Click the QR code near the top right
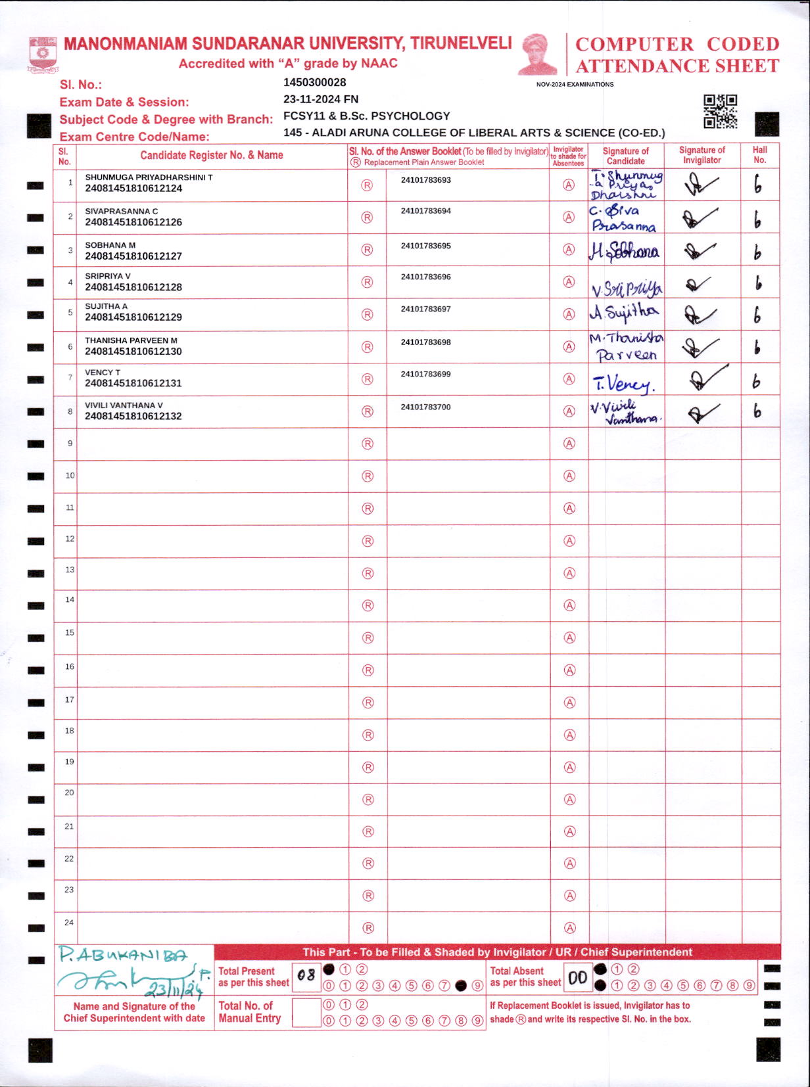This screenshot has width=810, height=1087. [x=720, y=111]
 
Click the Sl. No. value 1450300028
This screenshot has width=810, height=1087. [x=314, y=83]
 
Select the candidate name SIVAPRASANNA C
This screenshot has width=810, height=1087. [x=121, y=211]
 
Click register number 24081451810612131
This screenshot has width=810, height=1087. [x=133, y=383]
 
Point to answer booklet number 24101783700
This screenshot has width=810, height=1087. [x=425, y=407]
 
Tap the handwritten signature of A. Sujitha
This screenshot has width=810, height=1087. [x=623, y=313]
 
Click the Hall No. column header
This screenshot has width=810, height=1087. [x=759, y=155]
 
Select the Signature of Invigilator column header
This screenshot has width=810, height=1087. [x=702, y=155]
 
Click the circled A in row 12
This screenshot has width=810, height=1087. [x=569, y=541]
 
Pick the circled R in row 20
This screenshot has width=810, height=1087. [x=368, y=800]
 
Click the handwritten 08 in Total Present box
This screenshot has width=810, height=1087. [x=306, y=976]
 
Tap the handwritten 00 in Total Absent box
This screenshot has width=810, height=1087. [x=577, y=978]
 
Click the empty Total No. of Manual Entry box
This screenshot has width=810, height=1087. [x=306, y=1012]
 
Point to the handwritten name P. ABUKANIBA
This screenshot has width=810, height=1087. [x=123, y=956]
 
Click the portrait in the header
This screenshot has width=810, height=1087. [x=538, y=54]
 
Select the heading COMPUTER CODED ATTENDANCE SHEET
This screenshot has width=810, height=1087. [x=677, y=55]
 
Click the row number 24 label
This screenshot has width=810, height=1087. [x=68, y=923]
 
